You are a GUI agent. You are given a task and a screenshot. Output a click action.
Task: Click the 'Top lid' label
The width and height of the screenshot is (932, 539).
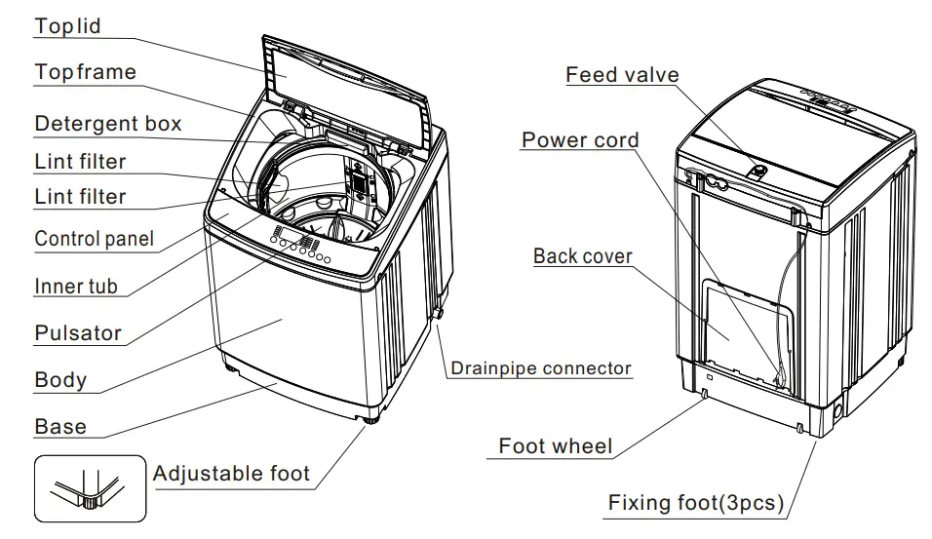point(67,26)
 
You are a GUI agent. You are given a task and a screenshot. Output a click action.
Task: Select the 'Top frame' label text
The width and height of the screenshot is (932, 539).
point(85,72)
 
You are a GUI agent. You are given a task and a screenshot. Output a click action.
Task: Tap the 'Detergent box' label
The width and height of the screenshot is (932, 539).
point(107,124)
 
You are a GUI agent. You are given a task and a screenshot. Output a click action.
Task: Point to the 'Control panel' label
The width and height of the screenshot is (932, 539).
point(94,239)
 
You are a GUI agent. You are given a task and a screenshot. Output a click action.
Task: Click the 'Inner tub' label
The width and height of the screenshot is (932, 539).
point(75,287)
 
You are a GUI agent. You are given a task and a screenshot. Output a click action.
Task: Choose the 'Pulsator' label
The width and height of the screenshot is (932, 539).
point(78,333)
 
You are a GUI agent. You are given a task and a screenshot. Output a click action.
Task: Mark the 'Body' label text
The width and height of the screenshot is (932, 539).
point(60,380)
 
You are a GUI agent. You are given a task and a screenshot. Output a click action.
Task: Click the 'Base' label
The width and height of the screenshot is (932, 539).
point(59,427)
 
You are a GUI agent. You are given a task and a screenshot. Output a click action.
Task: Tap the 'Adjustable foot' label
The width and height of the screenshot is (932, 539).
point(231,475)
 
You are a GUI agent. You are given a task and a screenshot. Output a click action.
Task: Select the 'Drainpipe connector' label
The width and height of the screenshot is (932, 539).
point(540,369)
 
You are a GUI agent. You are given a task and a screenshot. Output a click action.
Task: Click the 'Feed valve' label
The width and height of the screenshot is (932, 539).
point(622,75)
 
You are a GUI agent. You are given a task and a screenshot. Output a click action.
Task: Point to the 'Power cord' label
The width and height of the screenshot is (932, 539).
point(580,140)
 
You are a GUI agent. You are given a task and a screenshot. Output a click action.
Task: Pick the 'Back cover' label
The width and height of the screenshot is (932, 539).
point(582,257)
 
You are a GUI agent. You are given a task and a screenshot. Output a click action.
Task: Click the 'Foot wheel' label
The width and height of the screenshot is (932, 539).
point(556,446)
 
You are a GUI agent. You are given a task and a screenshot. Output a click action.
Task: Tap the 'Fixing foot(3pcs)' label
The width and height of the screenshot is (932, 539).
point(695,503)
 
